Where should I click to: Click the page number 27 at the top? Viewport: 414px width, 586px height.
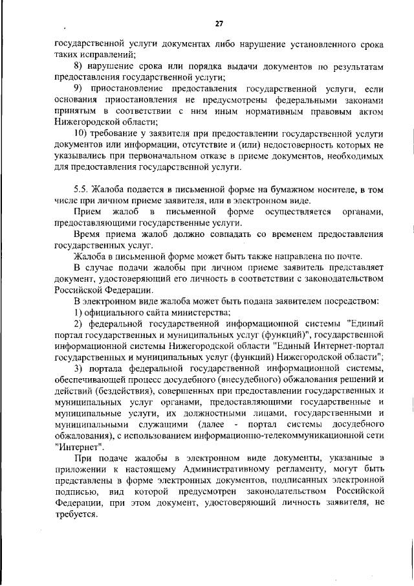(219, 24)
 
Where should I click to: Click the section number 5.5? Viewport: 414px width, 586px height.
(82, 189)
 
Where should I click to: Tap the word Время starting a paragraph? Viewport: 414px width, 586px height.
(89, 234)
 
